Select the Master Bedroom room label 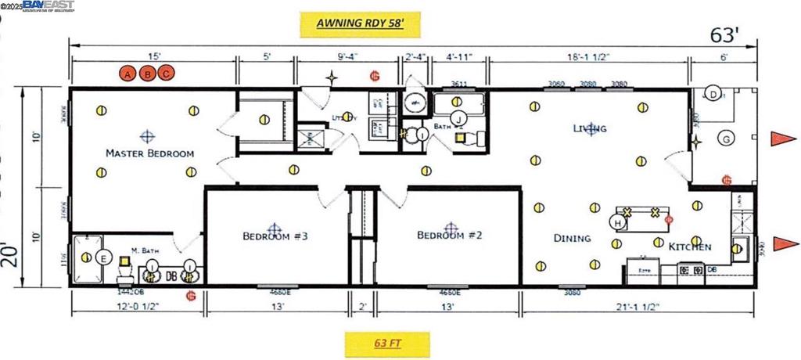click(149, 153)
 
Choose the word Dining click(573, 238)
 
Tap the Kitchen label click(690, 247)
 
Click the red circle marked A click(127, 74)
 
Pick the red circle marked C click(165, 74)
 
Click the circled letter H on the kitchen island click(618, 223)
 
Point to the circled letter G click(727, 139)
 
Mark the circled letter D click(713, 93)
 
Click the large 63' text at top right click(724, 35)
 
